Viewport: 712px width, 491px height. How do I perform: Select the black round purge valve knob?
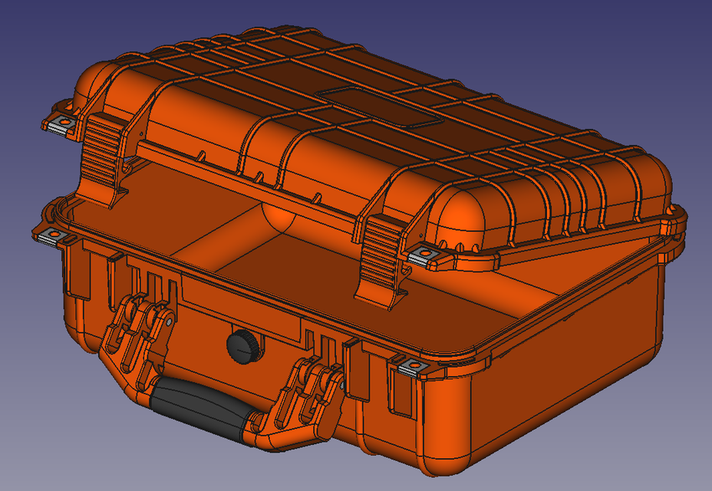pyautogui.click(x=243, y=346)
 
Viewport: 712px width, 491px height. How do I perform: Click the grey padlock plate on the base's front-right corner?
pyautogui.click(x=413, y=369)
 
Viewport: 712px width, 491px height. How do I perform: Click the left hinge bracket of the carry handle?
pyautogui.click(x=138, y=338)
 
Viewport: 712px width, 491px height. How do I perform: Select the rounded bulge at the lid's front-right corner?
pyautogui.click(x=464, y=211)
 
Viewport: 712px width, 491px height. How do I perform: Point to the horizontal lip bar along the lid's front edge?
pyautogui.click(x=253, y=184)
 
